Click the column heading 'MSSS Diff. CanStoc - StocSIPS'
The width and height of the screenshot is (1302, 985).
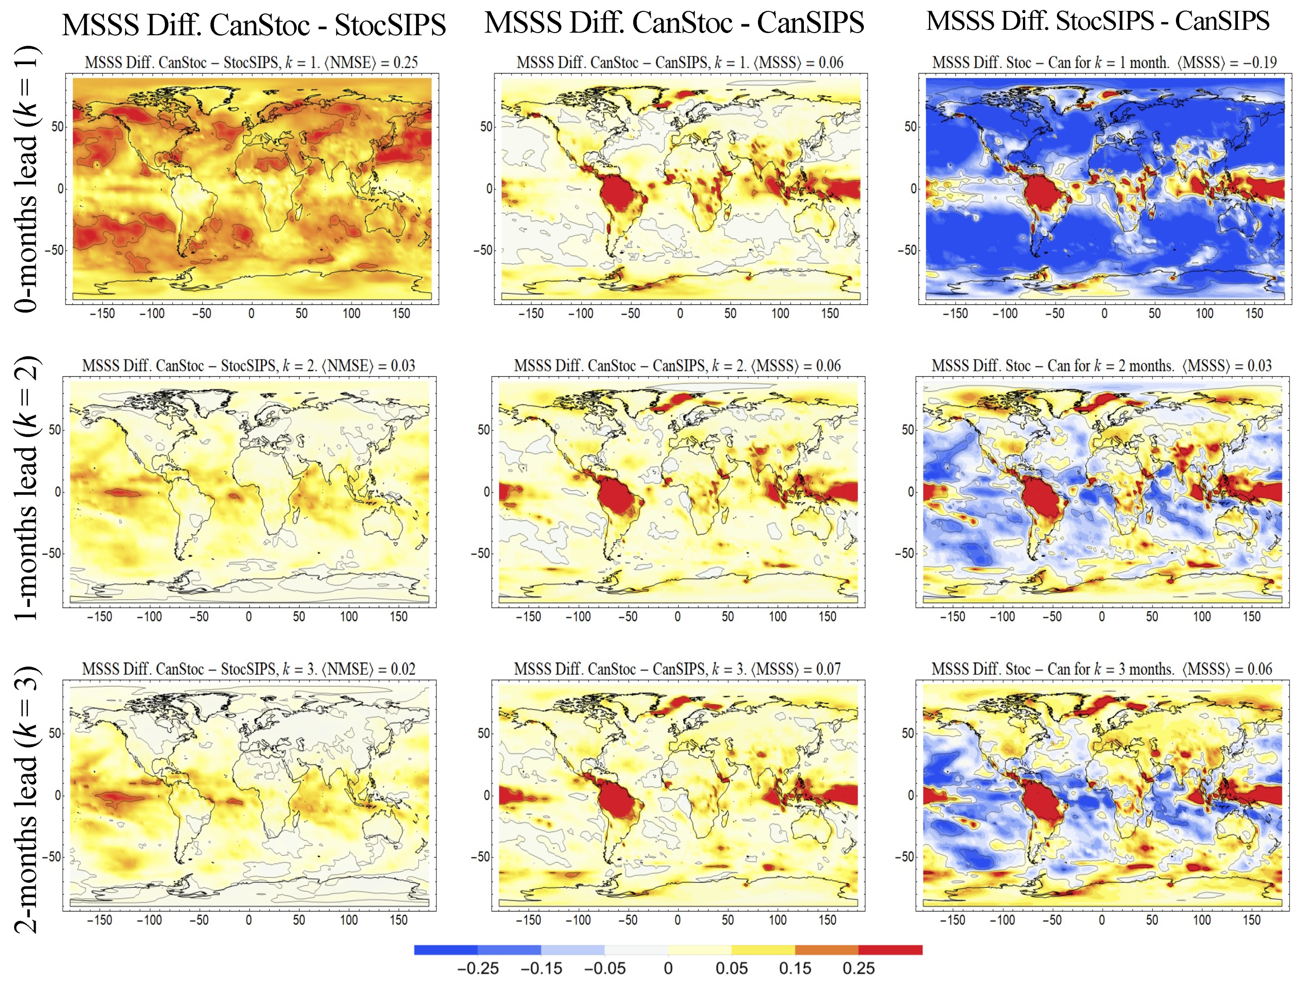tap(254, 25)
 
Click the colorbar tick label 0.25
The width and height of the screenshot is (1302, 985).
tap(858, 968)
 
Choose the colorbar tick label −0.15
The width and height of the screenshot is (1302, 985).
tap(541, 968)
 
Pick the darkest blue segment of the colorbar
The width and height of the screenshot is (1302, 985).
tap(445, 950)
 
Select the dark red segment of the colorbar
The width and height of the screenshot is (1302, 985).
tap(890, 950)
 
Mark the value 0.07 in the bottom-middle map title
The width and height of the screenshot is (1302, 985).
tap(828, 669)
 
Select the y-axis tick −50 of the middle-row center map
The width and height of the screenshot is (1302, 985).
tap(480, 553)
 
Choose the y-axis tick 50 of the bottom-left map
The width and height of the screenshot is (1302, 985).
tap(55, 733)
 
